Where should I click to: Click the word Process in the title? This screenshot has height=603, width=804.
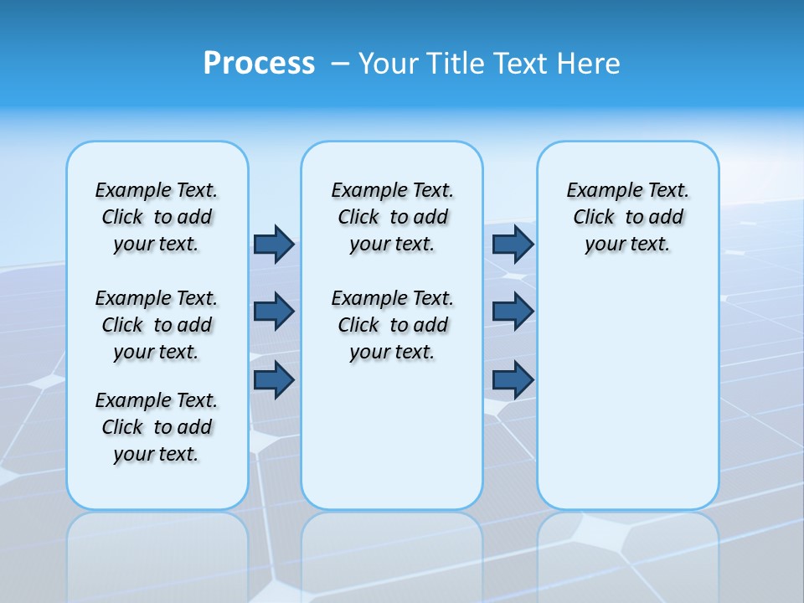coord(259,64)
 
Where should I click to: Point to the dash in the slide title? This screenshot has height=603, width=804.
coord(340,64)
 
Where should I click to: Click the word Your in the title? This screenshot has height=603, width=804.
coord(389,64)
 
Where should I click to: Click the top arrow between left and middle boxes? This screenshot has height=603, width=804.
coord(274,244)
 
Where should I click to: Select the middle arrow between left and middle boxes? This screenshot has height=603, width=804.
coord(274,312)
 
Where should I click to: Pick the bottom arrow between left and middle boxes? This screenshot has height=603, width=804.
coord(274,379)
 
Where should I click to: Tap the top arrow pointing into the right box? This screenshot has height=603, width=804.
coord(513,244)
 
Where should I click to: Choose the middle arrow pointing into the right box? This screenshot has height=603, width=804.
coord(513,312)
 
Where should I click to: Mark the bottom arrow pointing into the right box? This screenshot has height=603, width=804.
coord(513,379)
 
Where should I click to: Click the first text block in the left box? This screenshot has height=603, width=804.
coord(157,217)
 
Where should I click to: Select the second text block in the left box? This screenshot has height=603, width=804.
coord(157,325)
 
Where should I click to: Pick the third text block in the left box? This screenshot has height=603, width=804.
coord(157,427)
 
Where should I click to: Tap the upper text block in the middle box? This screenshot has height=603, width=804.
coord(392,217)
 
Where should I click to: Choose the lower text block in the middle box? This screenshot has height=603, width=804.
coord(392,325)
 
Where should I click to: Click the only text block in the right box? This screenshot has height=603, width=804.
coord(627,217)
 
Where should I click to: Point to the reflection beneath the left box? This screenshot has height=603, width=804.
coord(157,553)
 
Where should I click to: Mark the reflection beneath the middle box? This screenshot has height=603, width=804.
coord(392,553)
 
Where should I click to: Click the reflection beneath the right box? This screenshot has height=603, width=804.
coord(628,553)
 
